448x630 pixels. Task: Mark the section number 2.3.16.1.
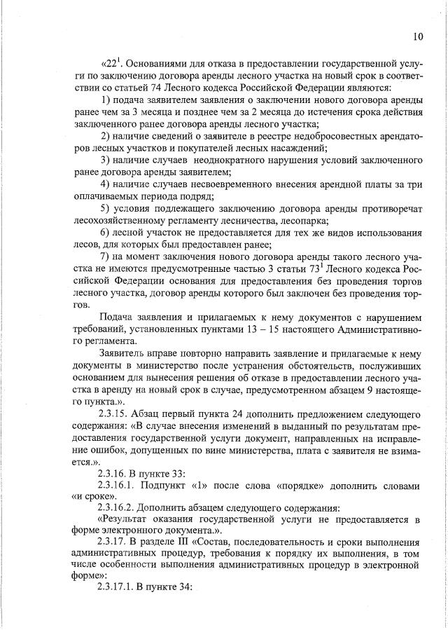pyautogui.click(x=124, y=485)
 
